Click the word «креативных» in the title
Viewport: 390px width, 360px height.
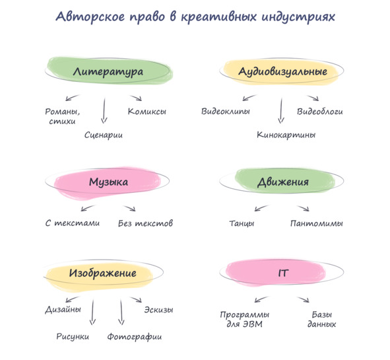[x=219, y=17]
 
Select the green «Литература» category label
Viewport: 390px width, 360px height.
[x=108, y=72]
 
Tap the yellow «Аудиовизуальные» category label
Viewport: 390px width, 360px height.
[x=282, y=72]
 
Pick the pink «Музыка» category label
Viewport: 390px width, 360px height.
[x=108, y=182]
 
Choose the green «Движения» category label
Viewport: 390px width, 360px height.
[x=283, y=182]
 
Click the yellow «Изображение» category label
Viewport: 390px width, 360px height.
[x=103, y=273]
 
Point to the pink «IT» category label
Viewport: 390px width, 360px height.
[x=283, y=273]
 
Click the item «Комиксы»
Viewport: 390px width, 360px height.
[x=147, y=111]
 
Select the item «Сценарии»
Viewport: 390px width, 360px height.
[x=104, y=135]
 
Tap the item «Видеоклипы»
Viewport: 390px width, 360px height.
[x=226, y=111]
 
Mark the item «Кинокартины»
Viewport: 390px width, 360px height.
[x=286, y=135]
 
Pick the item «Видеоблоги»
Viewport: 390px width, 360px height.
[x=320, y=111]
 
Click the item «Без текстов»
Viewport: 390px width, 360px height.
[x=145, y=223]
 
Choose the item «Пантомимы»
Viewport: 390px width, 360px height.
[x=316, y=223]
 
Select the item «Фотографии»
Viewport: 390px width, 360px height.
[x=135, y=337]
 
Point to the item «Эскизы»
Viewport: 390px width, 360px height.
[x=158, y=309]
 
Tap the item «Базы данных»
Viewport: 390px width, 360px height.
[x=322, y=319]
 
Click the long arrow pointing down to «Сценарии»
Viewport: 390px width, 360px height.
[x=104, y=110]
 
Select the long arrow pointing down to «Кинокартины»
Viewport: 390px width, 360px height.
[x=281, y=110]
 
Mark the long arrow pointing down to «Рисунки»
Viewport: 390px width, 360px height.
[x=93, y=312]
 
